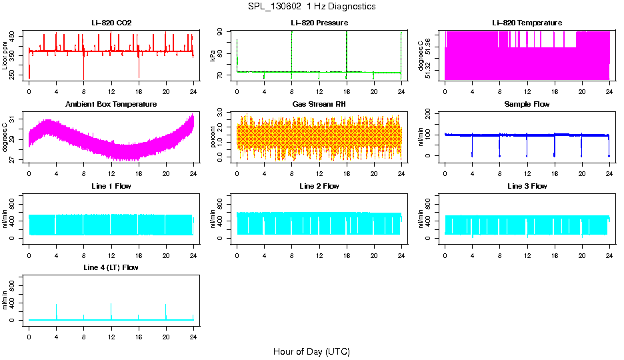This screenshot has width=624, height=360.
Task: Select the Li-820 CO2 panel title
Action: pos(111,23)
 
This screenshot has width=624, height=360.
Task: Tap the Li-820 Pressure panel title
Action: pos(319,23)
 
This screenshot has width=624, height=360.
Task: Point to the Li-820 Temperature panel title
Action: pos(527,23)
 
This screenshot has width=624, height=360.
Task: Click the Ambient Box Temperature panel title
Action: pos(111,105)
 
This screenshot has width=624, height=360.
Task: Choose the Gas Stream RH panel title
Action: pos(319,105)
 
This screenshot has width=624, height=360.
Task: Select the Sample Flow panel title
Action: pos(527,105)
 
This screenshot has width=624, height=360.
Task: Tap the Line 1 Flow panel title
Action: pos(111,186)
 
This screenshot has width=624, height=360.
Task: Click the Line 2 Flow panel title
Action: pos(319,186)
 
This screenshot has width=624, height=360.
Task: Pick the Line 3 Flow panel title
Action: pos(527,186)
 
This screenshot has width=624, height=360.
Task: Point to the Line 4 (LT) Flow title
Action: pos(111,267)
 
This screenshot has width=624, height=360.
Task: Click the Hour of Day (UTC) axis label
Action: pos(311,351)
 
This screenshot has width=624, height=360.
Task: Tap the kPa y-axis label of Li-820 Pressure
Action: pos(213,55)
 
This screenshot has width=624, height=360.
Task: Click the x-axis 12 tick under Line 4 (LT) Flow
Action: pos(111,329)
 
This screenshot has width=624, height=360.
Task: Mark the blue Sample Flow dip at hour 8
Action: pos(499,147)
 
